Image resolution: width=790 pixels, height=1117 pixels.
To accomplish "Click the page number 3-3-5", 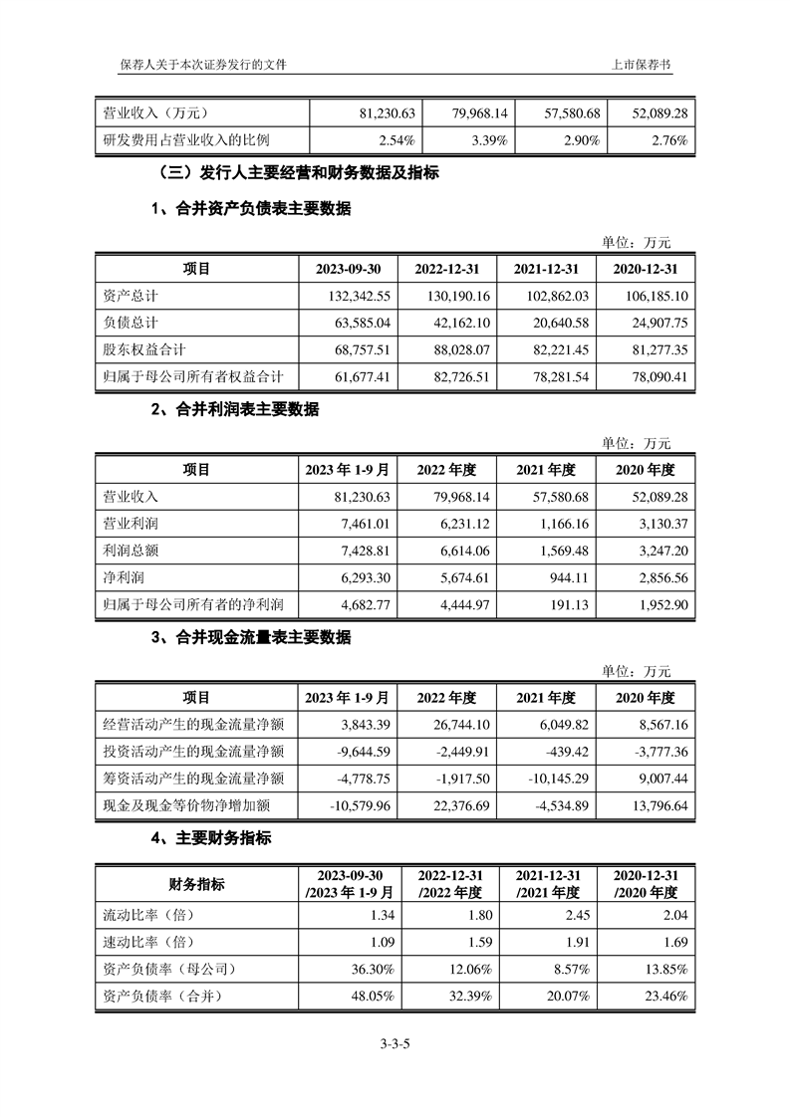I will point(395,1043).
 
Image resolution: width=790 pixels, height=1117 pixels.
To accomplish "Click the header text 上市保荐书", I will point(642,64).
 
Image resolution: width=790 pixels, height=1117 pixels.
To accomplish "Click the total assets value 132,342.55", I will point(353,297).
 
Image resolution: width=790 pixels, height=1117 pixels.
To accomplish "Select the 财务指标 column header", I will point(196,884).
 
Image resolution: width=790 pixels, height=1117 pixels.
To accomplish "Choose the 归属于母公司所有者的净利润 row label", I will point(194,603).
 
